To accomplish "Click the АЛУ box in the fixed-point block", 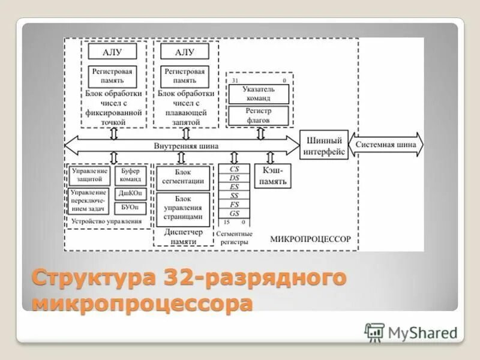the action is point(112,52).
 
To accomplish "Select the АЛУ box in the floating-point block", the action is point(185,52).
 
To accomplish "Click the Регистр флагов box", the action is point(259,115).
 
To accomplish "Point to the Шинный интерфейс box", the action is point(324,145).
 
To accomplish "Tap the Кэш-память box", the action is point(272,176).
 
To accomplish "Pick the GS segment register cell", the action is point(234,214).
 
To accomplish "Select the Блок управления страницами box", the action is point(184,208).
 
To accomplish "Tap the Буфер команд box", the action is point(130,175).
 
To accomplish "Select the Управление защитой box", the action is point(90,175).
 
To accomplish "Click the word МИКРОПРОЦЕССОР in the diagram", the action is point(310,239).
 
